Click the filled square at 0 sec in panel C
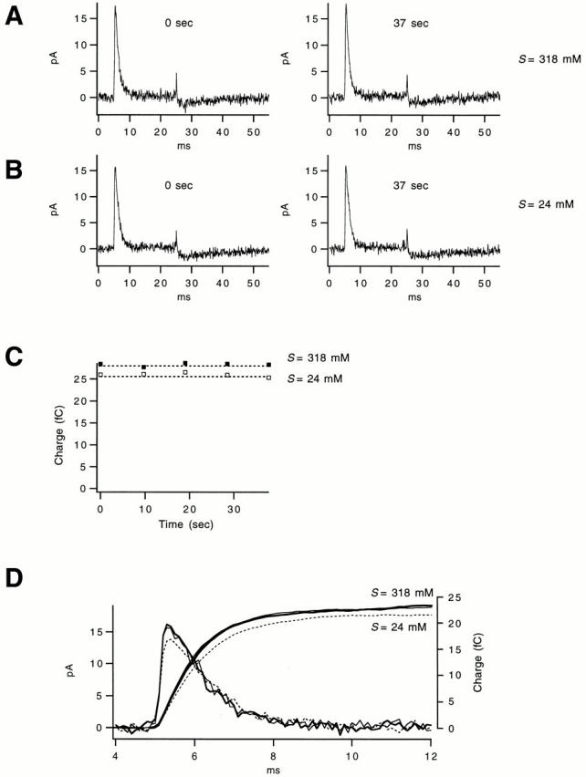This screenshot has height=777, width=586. [x=101, y=365]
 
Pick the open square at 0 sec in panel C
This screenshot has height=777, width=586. [x=101, y=375]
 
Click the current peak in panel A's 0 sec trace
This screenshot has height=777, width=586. [x=115, y=9]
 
